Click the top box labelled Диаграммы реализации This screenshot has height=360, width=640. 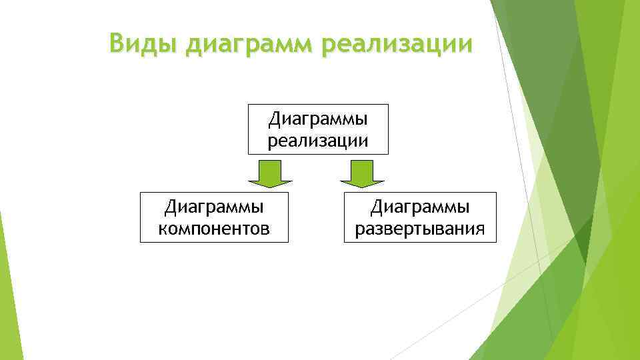(x=317, y=129)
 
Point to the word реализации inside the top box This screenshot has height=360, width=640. (x=317, y=141)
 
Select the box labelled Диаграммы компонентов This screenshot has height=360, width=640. (x=214, y=217)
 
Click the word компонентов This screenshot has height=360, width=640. (x=214, y=229)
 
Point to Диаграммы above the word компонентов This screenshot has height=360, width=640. (x=214, y=207)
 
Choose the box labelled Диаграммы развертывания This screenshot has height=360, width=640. (x=420, y=217)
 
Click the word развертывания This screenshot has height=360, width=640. (x=420, y=230)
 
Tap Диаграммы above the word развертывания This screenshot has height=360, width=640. (x=420, y=207)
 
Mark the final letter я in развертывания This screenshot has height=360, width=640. (x=479, y=230)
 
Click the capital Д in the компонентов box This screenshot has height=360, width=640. (x=170, y=207)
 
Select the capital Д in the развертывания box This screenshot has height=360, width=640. (x=376, y=207)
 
